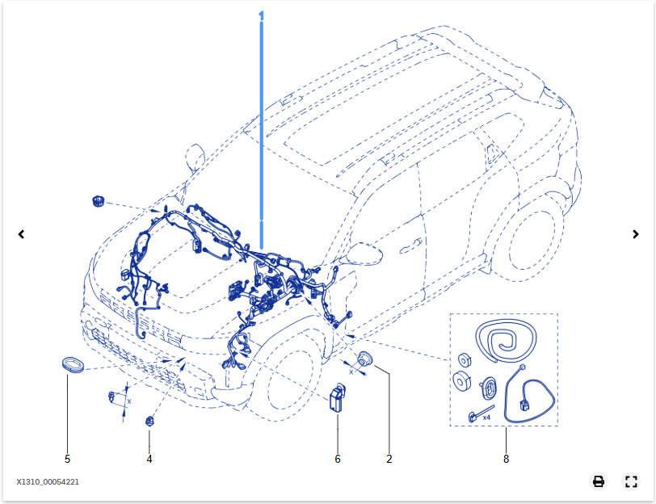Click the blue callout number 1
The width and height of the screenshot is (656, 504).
tap(262, 16)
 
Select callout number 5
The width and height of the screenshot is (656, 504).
tap(67, 459)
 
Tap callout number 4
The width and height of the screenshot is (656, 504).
tap(149, 459)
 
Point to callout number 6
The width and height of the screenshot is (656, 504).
tap(338, 459)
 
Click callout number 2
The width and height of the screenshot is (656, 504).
tap(389, 459)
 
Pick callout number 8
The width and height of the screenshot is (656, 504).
tap(507, 459)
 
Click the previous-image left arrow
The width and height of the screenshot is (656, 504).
tap(21, 234)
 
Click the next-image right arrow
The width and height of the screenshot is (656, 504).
tap(636, 234)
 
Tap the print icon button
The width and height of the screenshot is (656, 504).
tap(599, 481)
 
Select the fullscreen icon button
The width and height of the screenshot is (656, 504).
tap(631, 481)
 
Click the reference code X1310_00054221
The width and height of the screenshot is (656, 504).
tap(48, 482)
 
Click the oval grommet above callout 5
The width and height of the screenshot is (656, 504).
tap(74, 364)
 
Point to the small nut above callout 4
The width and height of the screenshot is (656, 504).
tap(149, 421)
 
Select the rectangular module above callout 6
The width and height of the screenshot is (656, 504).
tap(337, 397)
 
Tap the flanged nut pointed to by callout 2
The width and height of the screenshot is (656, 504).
tap(365, 359)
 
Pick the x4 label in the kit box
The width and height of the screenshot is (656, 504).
tap(486, 418)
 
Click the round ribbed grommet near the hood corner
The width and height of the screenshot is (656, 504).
tap(99, 201)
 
